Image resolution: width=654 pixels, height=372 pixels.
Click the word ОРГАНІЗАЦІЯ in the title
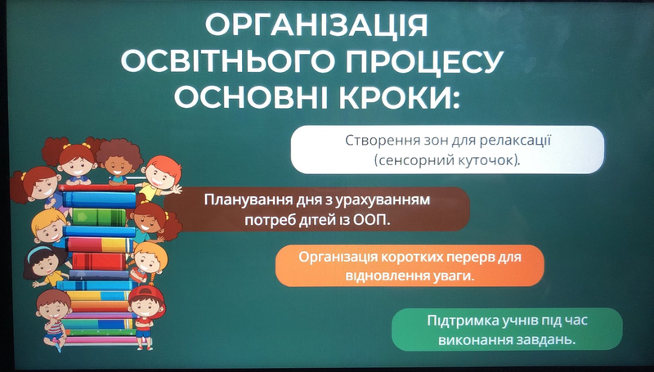(x=316, y=26)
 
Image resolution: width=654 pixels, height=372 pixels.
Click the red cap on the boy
(x=147, y=295)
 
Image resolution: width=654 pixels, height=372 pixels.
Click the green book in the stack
(x=99, y=217)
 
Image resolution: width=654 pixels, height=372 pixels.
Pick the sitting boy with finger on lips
(x=53, y=319)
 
